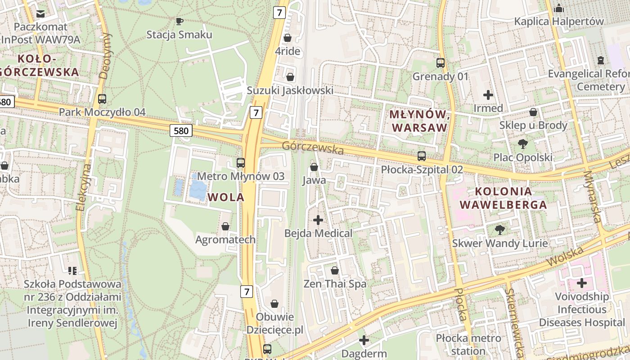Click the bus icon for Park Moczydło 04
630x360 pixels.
pos(102,99)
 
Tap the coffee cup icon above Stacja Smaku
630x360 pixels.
pos(179,21)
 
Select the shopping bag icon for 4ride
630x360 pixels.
pos(288,38)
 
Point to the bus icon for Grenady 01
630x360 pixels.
pos(441,63)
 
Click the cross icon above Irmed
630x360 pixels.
pos(488,95)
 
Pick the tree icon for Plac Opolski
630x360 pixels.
pos(522,144)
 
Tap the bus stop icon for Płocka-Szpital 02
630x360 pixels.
pos(422,156)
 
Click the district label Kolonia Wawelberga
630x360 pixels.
pos(503,198)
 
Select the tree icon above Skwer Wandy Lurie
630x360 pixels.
pos(499,230)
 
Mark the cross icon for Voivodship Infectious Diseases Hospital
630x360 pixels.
pos(582,283)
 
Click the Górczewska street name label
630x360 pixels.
pos(313,148)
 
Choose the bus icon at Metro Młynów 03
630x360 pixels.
pos(241,163)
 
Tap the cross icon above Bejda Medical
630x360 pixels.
pos(318,220)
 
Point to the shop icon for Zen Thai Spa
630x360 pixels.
pos(335,270)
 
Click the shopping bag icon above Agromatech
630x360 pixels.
pos(225,226)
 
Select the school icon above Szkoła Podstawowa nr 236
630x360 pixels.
pos(72,271)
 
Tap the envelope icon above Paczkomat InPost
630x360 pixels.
pos(40,14)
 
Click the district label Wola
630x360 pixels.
pos(226,197)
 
